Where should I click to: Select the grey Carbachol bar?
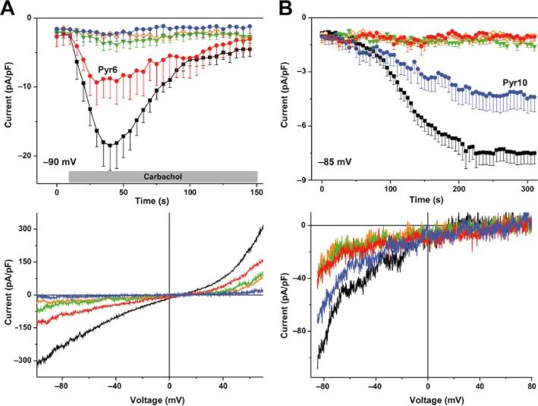[162, 176]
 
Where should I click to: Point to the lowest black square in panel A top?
[111, 145]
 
